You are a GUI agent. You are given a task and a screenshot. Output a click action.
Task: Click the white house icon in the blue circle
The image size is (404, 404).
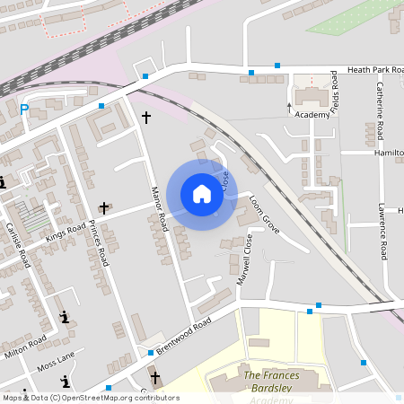[x=201, y=194]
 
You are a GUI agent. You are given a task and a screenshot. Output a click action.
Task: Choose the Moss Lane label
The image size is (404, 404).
[x=56, y=367]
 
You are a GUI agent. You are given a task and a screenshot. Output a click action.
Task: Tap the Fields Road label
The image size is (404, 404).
[x=334, y=92]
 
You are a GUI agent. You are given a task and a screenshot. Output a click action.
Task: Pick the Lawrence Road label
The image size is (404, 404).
[x=382, y=232]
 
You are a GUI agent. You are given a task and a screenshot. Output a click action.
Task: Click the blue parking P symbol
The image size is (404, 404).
[x=24, y=110]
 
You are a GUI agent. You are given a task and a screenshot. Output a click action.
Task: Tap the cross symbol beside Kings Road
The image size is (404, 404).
[x=103, y=207]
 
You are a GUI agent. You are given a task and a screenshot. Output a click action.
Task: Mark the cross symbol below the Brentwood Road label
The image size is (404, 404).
[x=155, y=378]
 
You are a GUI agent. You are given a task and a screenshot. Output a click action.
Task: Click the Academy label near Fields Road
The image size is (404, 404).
[x=312, y=115]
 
